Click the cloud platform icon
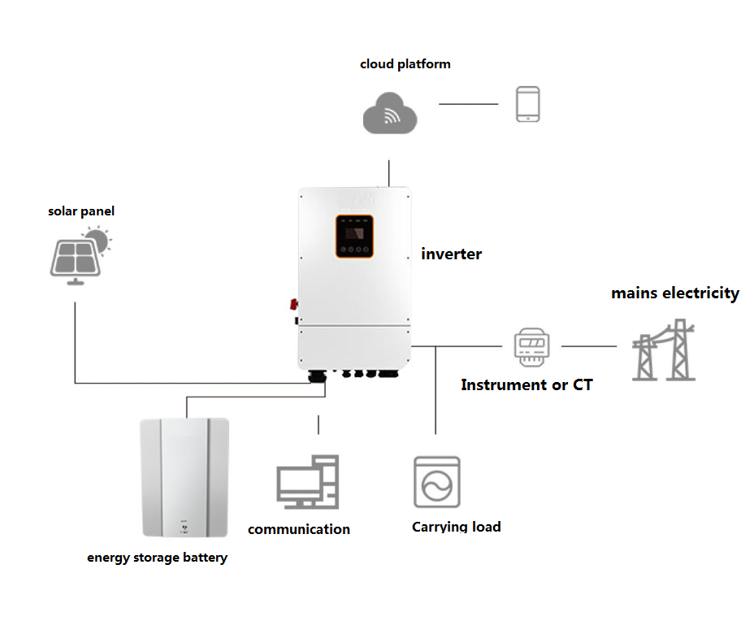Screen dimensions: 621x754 pyautogui.click(x=389, y=113)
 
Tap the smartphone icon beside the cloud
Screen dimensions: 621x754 pyautogui.click(x=527, y=105)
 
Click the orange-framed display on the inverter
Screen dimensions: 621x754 pyautogui.click(x=355, y=237)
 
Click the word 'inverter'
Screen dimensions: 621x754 pyautogui.click(x=451, y=254)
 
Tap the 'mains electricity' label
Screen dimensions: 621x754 pyautogui.click(x=675, y=293)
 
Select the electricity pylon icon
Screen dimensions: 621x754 pyautogui.click(x=665, y=350)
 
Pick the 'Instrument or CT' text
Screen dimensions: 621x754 pyautogui.click(x=526, y=385)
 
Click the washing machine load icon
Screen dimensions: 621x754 pyautogui.click(x=437, y=482)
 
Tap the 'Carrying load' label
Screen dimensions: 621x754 pyautogui.click(x=456, y=527)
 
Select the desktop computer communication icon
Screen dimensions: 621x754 pyautogui.click(x=307, y=483)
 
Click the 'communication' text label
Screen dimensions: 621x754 pyautogui.click(x=299, y=529)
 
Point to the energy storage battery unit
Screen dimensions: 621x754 pyautogui.click(x=185, y=477)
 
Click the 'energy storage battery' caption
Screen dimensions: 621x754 pyautogui.click(x=157, y=558)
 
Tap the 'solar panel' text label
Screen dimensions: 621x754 pyautogui.click(x=80, y=211)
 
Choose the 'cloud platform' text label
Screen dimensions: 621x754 pyautogui.click(x=405, y=63)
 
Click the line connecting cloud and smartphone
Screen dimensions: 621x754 pyautogui.click(x=468, y=104)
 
